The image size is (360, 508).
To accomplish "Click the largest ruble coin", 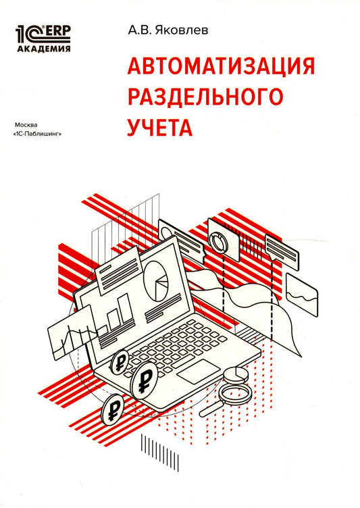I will (143, 383).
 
